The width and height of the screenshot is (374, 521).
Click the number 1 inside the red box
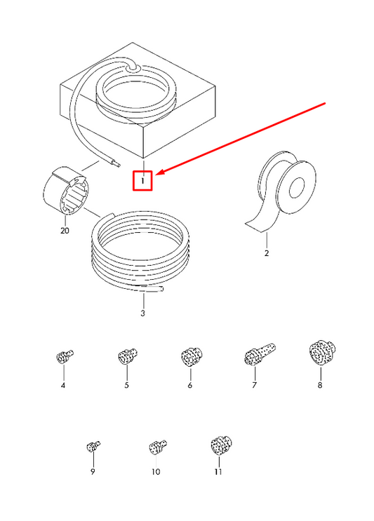142,181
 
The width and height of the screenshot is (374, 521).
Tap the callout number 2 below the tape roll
266,253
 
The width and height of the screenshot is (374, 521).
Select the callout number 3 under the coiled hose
142,313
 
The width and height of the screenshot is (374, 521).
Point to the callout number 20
65,230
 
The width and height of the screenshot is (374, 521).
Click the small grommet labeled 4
64,356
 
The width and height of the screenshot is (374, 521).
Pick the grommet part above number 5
127,356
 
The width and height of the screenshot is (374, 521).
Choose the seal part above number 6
192,356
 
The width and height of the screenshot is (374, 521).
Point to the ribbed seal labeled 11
221,445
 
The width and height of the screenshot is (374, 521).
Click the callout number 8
320,386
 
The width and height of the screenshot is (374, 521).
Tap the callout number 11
218,472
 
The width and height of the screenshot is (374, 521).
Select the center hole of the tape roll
297,188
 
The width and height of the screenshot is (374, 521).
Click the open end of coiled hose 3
162,289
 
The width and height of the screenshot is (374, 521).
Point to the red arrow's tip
156,175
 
